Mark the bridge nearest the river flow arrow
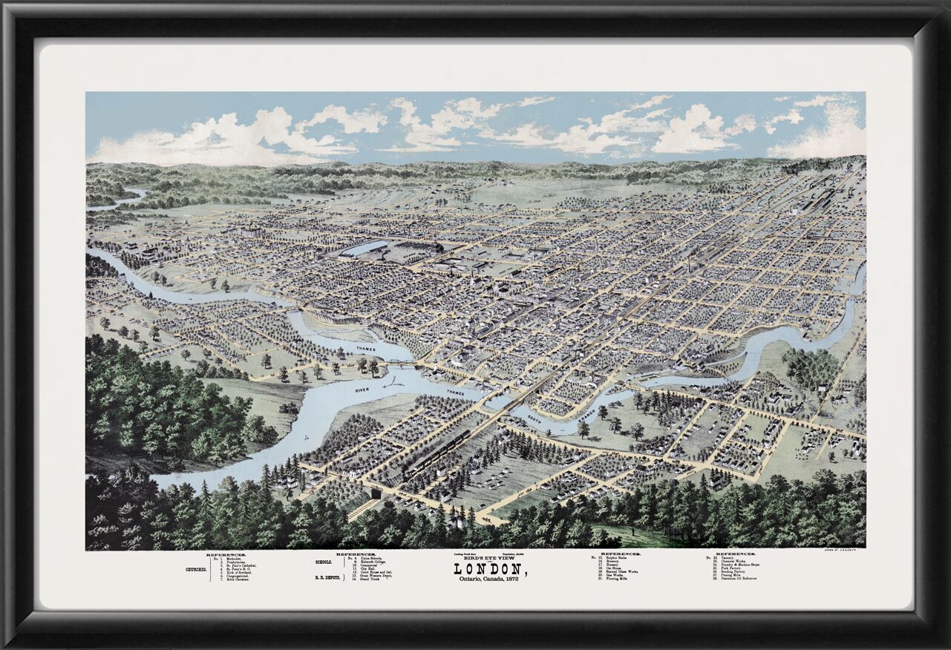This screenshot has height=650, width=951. pos(401,364)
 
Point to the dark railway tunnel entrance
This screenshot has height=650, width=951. pos(376,493)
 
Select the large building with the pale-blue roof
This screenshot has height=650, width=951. pos(365,249)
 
